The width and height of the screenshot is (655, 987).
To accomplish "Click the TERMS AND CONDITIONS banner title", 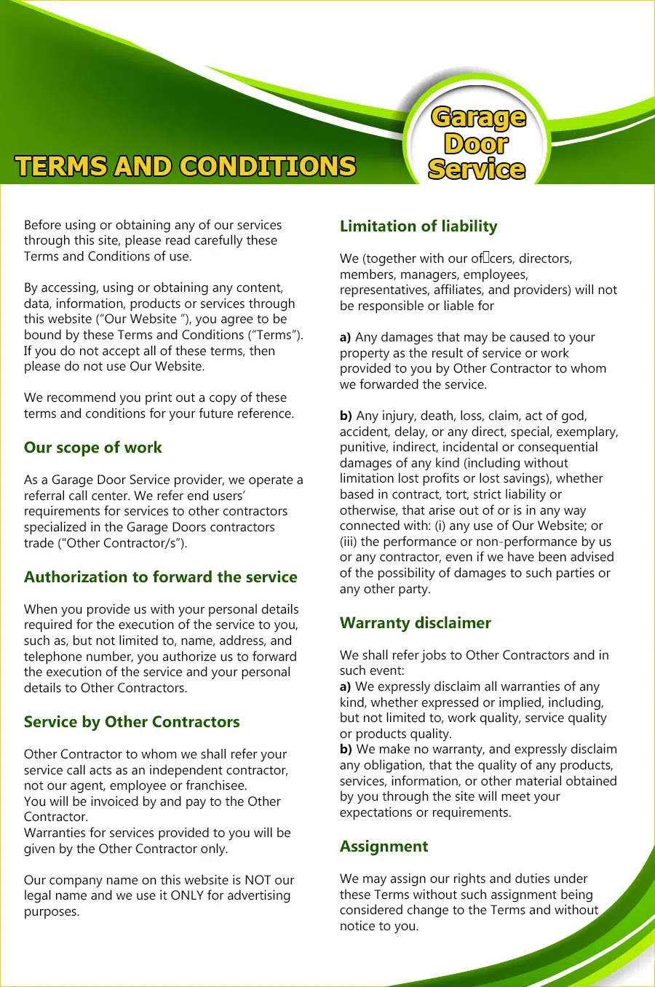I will (186, 166).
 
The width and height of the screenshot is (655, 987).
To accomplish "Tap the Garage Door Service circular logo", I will (477, 142).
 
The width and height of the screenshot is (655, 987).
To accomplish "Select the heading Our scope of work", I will (93, 448).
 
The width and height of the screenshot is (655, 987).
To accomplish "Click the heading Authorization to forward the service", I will (161, 577).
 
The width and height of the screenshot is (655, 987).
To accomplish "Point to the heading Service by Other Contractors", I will (132, 722).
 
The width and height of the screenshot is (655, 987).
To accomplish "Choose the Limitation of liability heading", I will (418, 226).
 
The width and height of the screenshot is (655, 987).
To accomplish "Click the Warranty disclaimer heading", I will (416, 623).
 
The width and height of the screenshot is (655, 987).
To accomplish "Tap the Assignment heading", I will (384, 847).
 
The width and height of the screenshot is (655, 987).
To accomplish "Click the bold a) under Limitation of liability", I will (346, 337).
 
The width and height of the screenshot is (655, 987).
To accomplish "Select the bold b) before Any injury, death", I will (346, 416).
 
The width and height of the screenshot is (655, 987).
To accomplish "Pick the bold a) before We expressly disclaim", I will (346, 686).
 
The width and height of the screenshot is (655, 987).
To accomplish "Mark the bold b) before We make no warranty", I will (346, 749).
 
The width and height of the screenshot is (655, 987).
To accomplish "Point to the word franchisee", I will (216, 785).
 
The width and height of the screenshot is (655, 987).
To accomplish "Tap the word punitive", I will (362, 447).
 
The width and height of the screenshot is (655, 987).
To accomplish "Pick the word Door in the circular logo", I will (476, 143).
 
